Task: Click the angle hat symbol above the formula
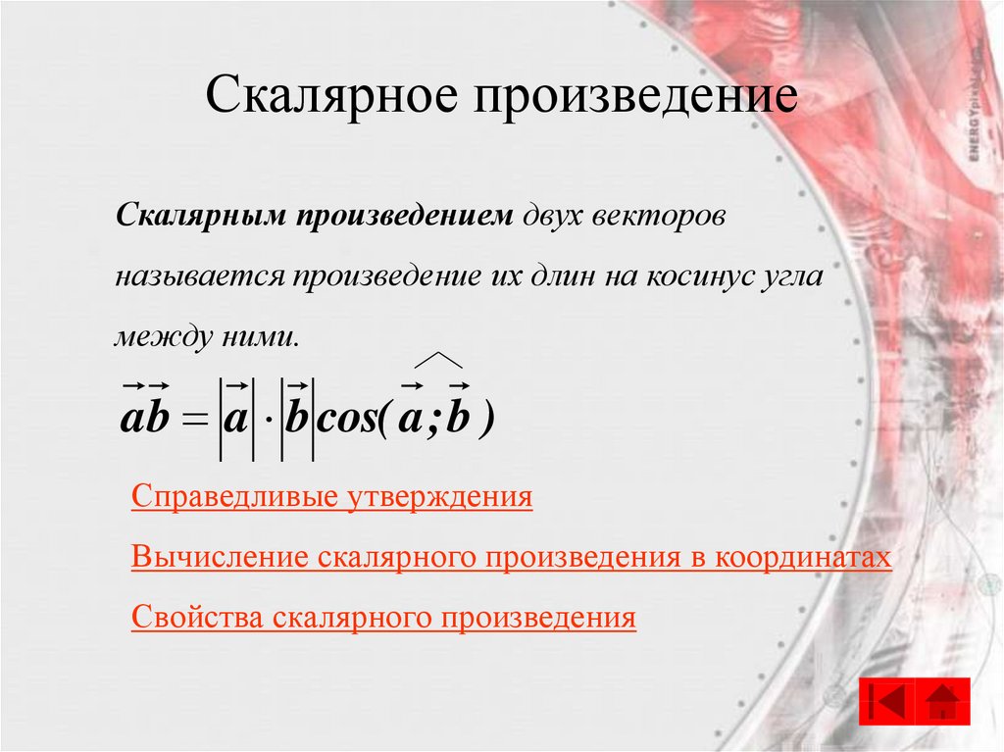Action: pos(438,360)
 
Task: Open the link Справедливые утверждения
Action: pos(331,497)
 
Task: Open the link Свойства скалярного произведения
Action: pos(383,618)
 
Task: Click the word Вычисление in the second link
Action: pos(221,558)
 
